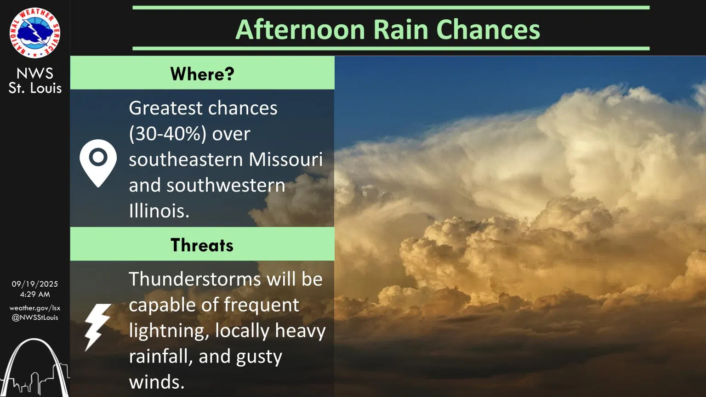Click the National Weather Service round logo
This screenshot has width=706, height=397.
tap(35, 33)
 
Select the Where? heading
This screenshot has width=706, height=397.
tap(202, 74)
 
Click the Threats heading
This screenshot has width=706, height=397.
tap(202, 245)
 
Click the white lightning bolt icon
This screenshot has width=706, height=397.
tap(97, 327)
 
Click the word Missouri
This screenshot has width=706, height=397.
tap(285, 159)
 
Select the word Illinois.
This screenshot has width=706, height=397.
tap(159, 211)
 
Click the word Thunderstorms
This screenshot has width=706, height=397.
tap(194, 279)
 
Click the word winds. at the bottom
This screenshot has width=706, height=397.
tap(157, 382)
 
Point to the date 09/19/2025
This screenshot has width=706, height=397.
tap(35, 284)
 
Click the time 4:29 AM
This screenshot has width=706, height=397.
tap(35, 294)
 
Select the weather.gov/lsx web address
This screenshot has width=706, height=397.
tap(35, 308)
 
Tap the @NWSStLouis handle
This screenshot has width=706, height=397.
tap(35, 318)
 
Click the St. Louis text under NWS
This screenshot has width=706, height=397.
tap(35, 88)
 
